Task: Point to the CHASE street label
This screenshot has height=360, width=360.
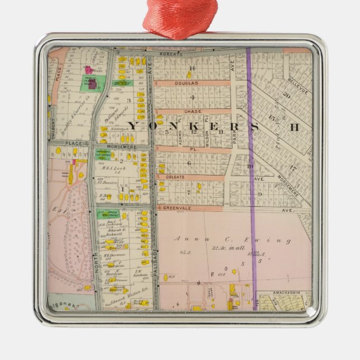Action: pos(192,111)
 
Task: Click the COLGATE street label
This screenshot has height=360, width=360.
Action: pos(175,177)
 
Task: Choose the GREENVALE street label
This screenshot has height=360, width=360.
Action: pos(176,207)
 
